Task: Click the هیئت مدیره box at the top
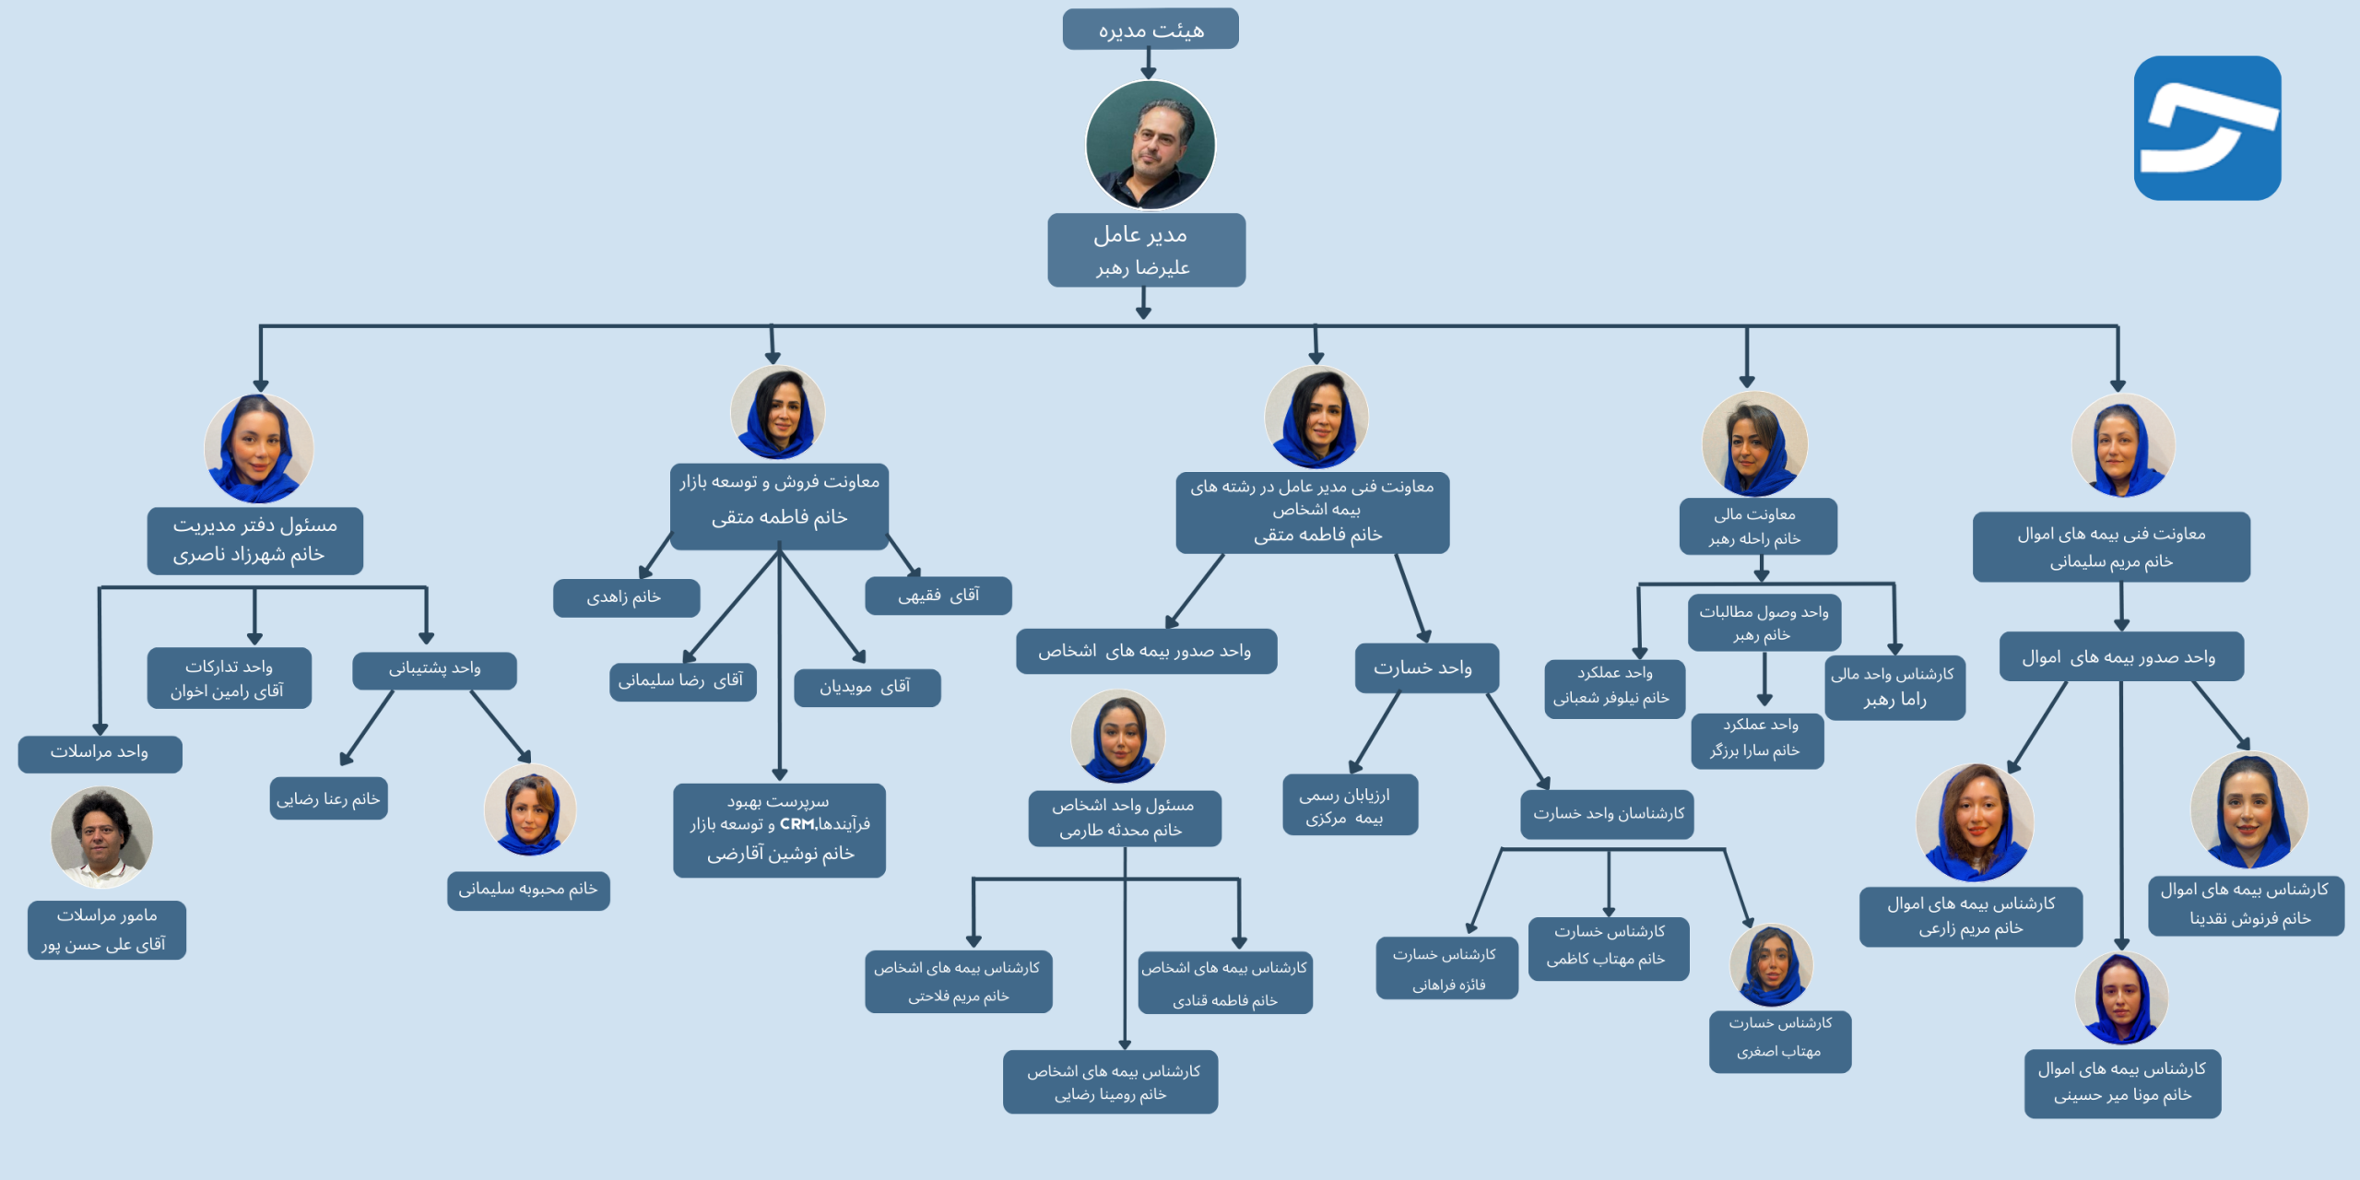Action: [1150, 29]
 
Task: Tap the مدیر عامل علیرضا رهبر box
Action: [1146, 251]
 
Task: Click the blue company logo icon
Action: [2207, 128]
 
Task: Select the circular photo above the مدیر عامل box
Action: [1150, 145]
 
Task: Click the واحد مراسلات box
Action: [100, 753]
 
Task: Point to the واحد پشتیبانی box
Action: [434, 669]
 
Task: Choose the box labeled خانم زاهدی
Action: [626, 597]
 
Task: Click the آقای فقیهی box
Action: [938, 596]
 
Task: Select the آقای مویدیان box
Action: [867, 687]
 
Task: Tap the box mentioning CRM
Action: [779, 830]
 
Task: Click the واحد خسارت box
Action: [1425, 668]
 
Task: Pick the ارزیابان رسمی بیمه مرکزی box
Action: [1350, 805]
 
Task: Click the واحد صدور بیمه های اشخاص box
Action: [1146, 652]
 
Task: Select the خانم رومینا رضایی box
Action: [1110, 1082]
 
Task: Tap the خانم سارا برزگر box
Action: [1757, 740]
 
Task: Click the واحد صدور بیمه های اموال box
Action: [2120, 657]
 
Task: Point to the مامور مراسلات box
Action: [106, 929]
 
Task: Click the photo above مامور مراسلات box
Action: [101, 836]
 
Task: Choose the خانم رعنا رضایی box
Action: [328, 798]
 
